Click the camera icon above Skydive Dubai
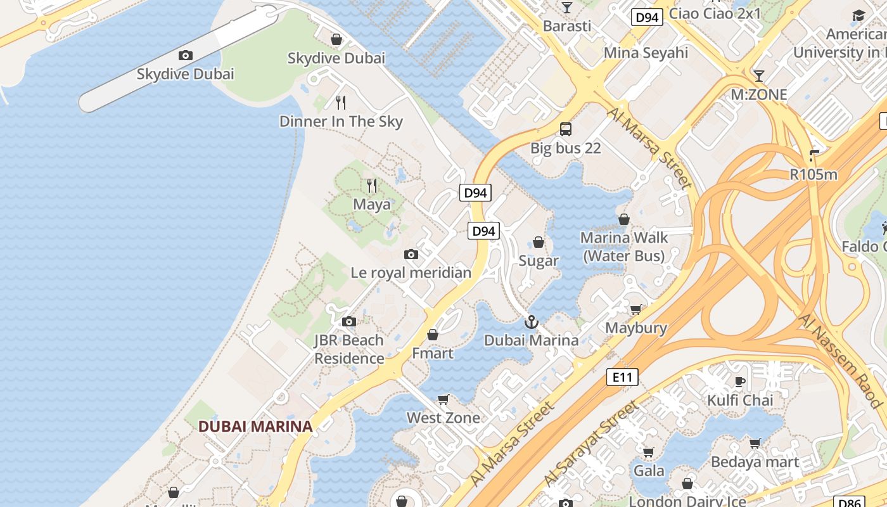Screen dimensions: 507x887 186,56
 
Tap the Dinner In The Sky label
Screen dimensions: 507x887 341,121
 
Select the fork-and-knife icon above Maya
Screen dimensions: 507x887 372,186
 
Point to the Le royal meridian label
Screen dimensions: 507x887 411,273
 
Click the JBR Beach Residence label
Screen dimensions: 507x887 349,349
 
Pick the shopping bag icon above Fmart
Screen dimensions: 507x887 433,335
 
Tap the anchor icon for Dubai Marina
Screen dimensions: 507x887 531,322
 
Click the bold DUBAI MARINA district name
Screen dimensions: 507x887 255,427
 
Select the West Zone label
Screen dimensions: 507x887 443,418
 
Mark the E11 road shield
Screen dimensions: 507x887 622,378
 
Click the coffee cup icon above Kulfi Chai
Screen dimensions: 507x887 739,382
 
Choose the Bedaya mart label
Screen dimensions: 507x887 755,462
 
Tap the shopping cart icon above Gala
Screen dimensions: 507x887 649,452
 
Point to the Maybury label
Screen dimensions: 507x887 636,328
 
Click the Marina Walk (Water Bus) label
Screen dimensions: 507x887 624,247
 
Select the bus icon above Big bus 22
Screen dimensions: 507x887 566,129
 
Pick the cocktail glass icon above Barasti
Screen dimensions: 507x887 567,8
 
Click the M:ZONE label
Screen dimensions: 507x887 758,94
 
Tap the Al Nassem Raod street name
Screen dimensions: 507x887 840,360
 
